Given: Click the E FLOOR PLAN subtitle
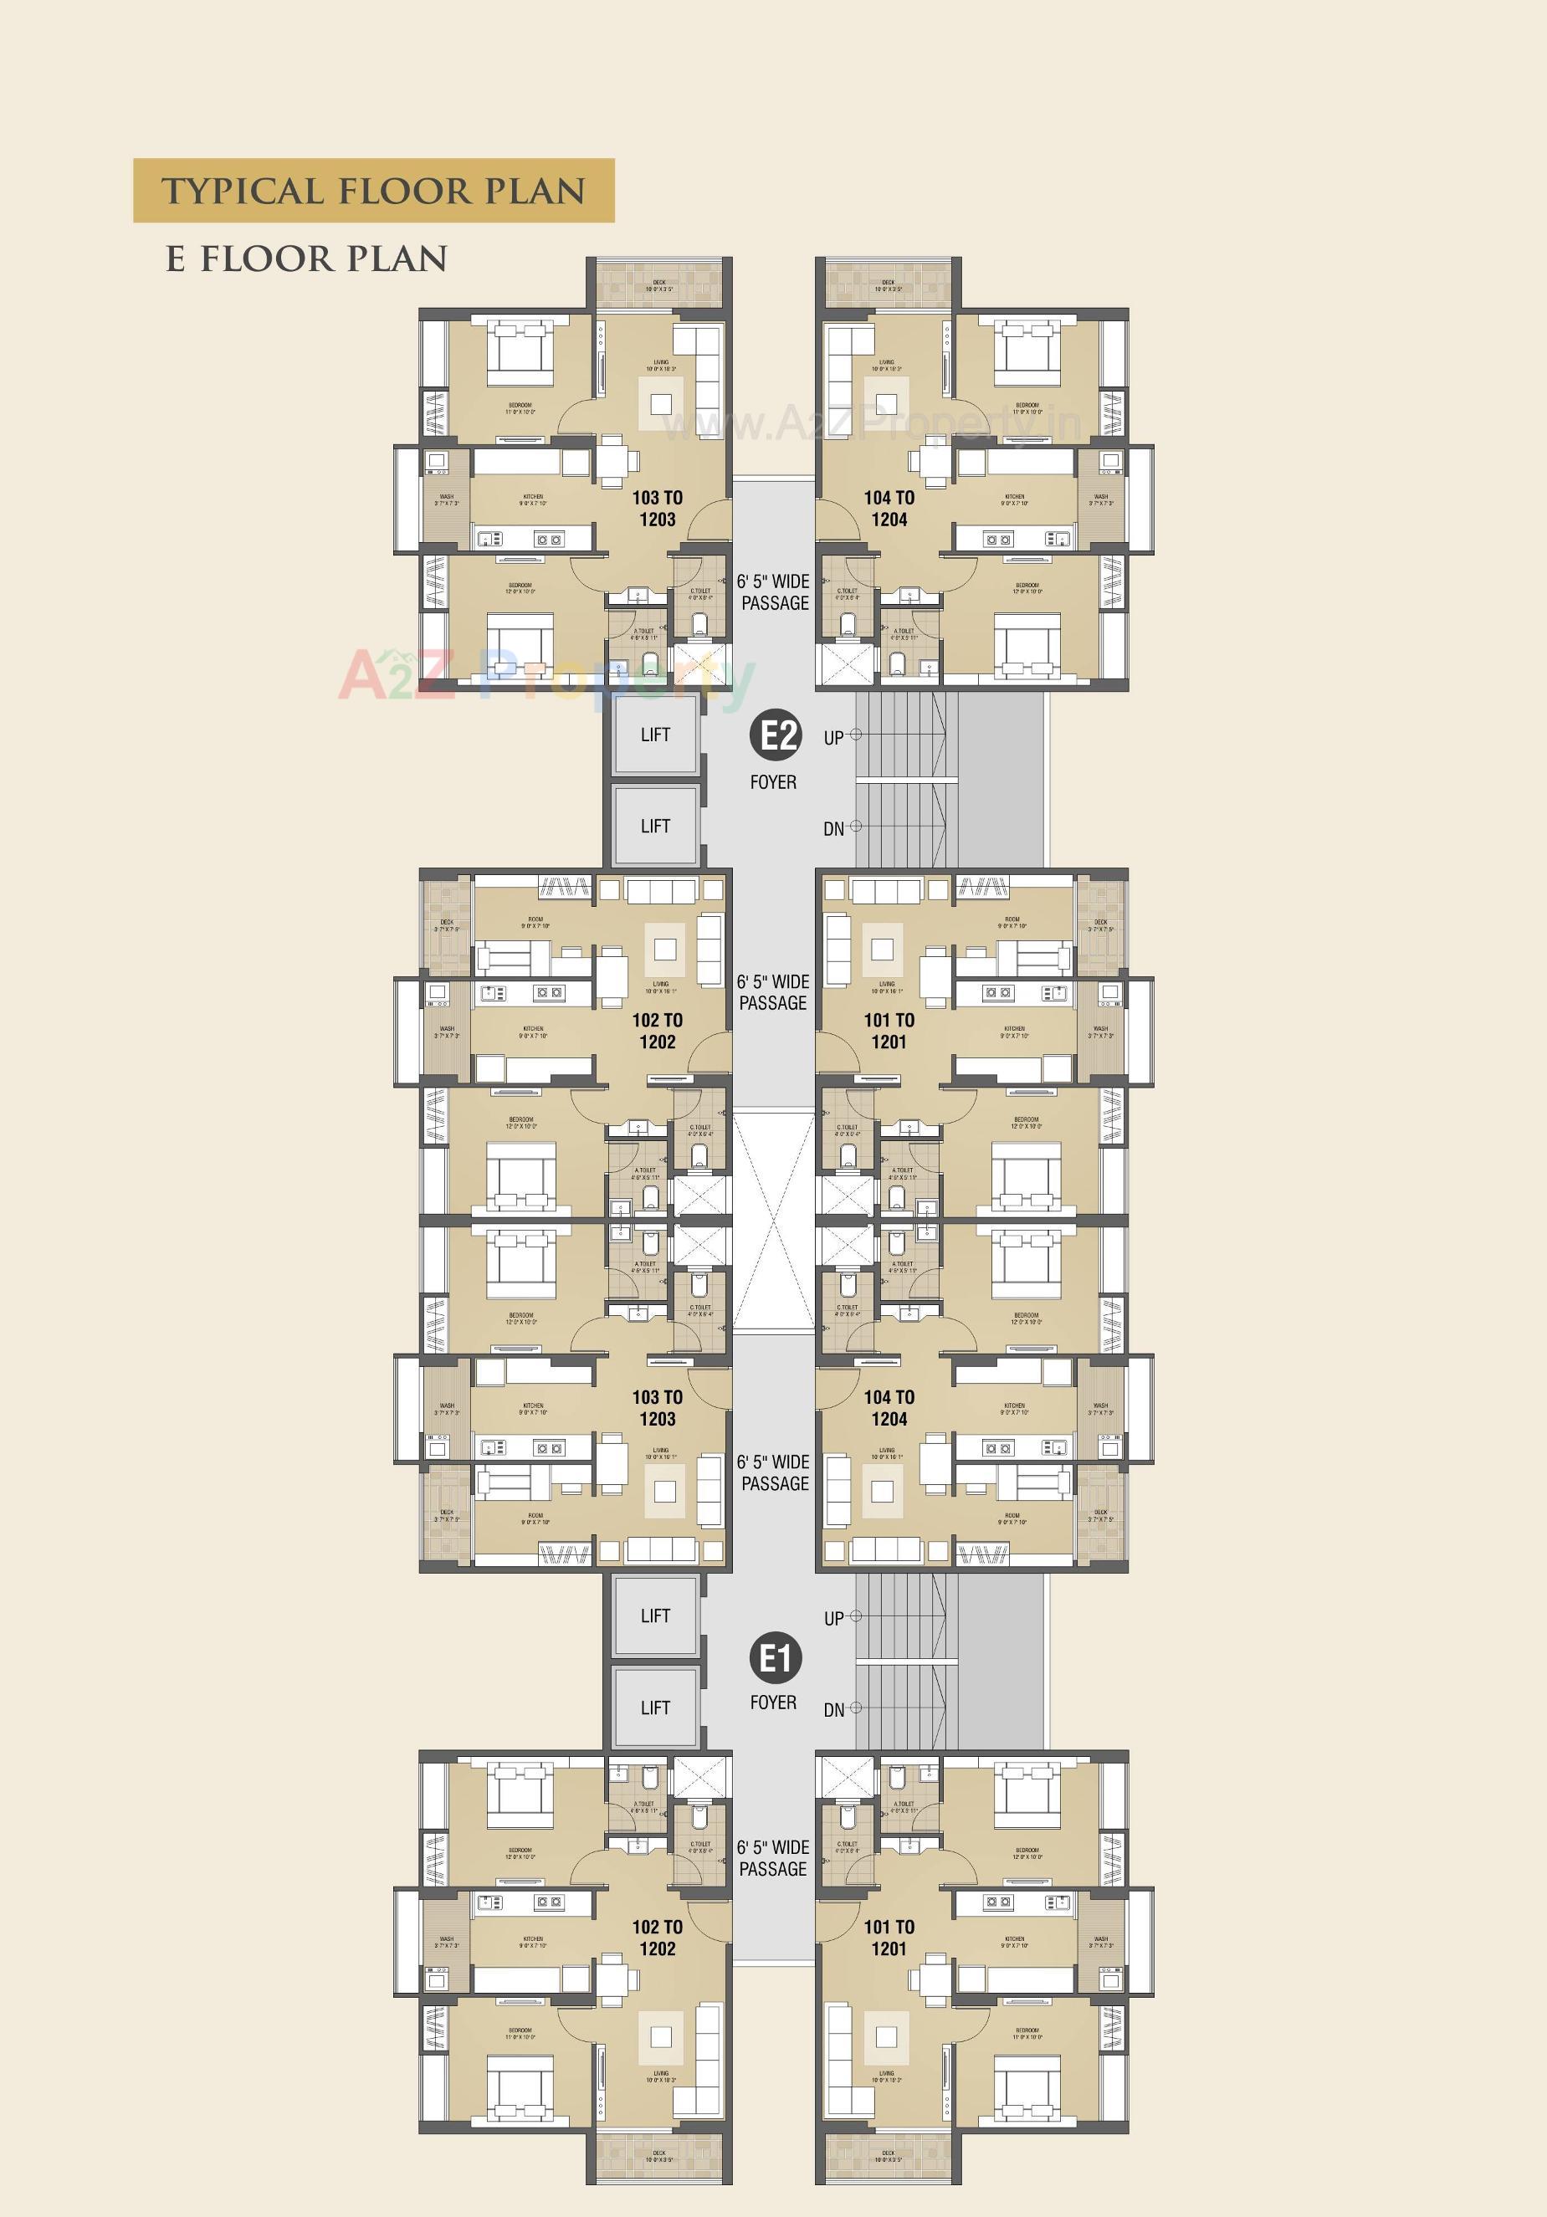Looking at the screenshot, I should pos(307,259).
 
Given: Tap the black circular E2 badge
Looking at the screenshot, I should pos(776,735).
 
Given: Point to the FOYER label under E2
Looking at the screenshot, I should pos(773,782).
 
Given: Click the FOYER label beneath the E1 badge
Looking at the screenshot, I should pos(773,1702).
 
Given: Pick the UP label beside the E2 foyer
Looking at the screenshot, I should pos(834,738).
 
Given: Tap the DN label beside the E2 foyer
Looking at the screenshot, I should pos(834,828).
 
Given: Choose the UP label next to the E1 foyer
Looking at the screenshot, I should pos(834,1618).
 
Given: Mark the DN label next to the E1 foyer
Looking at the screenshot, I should pos(834,1710).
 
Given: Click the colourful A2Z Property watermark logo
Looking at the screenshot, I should pos(546,676).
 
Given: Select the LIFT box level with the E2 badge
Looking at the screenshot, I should pos(655,735).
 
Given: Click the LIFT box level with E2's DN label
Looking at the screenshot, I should pos(655,826).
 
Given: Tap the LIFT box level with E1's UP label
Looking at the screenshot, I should pos(655,1615).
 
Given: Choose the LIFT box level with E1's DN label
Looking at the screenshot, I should pos(655,1708).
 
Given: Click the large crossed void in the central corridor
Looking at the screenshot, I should pos(772,1222).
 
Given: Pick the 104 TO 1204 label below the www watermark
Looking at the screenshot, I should pos(889,508).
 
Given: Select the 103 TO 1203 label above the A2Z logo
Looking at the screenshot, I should pos(658,508).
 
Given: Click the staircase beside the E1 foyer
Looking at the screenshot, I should pos(906,1661).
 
